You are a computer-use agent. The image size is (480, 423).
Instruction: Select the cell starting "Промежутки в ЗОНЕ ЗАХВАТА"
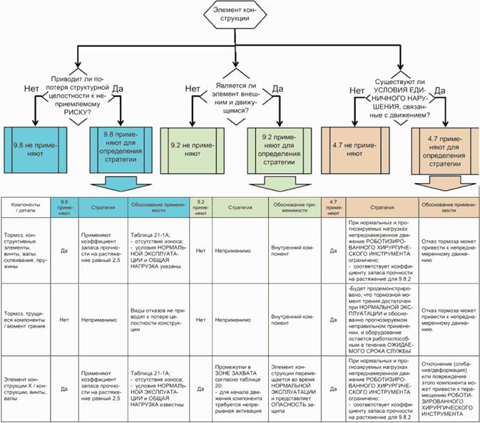[236, 389]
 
